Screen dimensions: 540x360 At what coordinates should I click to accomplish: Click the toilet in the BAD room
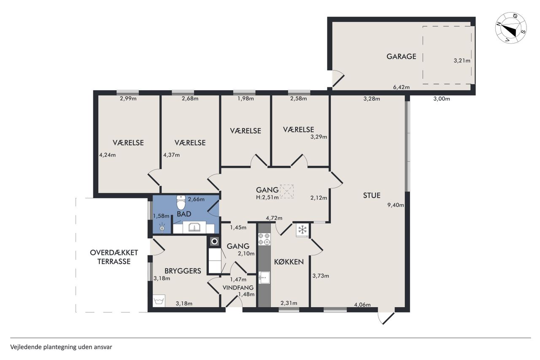tap(181, 202)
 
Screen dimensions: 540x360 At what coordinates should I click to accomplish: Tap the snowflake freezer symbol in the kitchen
tap(302, 229)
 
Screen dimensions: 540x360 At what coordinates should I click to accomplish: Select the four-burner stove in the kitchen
tap(264, 239)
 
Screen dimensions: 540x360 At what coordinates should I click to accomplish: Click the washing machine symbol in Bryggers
tap(159, 301)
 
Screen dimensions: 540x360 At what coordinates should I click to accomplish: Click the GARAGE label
tap(401, 57)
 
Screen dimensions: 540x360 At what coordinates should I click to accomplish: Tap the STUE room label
tap(372, 195)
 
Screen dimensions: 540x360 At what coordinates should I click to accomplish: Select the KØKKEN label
tap(289, 262)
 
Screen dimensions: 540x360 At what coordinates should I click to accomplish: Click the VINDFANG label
tap(238, 288)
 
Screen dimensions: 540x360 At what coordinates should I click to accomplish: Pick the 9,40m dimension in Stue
tap(396, 205)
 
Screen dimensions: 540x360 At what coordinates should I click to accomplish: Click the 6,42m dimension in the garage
tap(401, 87)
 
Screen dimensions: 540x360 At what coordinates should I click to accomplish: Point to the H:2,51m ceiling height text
tap(267, 198)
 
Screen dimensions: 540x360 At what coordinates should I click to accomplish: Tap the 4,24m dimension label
tap(108, 155)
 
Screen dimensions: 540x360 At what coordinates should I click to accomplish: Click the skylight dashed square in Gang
tap(287, 191)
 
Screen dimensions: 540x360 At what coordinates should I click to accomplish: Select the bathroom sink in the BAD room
tap(194, 227)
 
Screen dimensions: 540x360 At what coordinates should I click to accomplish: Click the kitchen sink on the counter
tap(264, 278)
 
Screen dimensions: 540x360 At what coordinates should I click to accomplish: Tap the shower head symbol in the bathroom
tap(162, 227)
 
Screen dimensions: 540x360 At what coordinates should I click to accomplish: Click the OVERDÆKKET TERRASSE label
tap(114, 257)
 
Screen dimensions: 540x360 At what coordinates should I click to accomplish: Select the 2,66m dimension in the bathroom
tap(196, 199)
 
